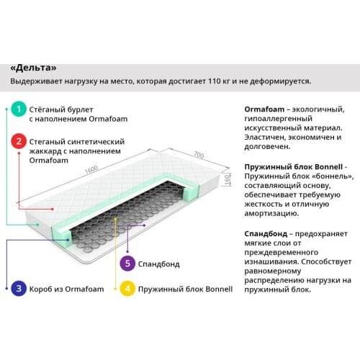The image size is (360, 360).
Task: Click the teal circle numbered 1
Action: (x=19, y=109)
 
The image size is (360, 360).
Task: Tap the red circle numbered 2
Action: (x=19, y=141)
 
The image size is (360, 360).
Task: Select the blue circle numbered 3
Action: (x=19, y=289)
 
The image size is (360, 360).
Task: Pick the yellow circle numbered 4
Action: (x=127, y=289)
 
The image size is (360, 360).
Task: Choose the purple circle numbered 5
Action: (x=127, y=264)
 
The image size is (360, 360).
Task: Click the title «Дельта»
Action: (x=33, y=68)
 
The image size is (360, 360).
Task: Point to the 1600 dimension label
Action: (x=91, y=169)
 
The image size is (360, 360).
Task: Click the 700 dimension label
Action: (x=199, y=155)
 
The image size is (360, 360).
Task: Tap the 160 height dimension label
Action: (x=227, y=179)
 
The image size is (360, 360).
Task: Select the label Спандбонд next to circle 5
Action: (x=159, y=264)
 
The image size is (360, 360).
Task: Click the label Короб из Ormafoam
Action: (x=66, y=289)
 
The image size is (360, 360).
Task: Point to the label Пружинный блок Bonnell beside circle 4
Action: (x=185, y=289)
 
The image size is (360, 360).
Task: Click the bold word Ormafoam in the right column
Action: (x=264, y=109)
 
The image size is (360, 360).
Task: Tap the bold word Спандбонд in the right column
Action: (x=266, y=233)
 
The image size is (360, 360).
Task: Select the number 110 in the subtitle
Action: (x=215, y=81)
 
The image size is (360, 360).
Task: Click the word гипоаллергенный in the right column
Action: (x=279, y=119)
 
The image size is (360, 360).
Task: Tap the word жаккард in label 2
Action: (x=45, y=151)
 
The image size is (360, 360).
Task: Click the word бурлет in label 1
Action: (x=80, y=109)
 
